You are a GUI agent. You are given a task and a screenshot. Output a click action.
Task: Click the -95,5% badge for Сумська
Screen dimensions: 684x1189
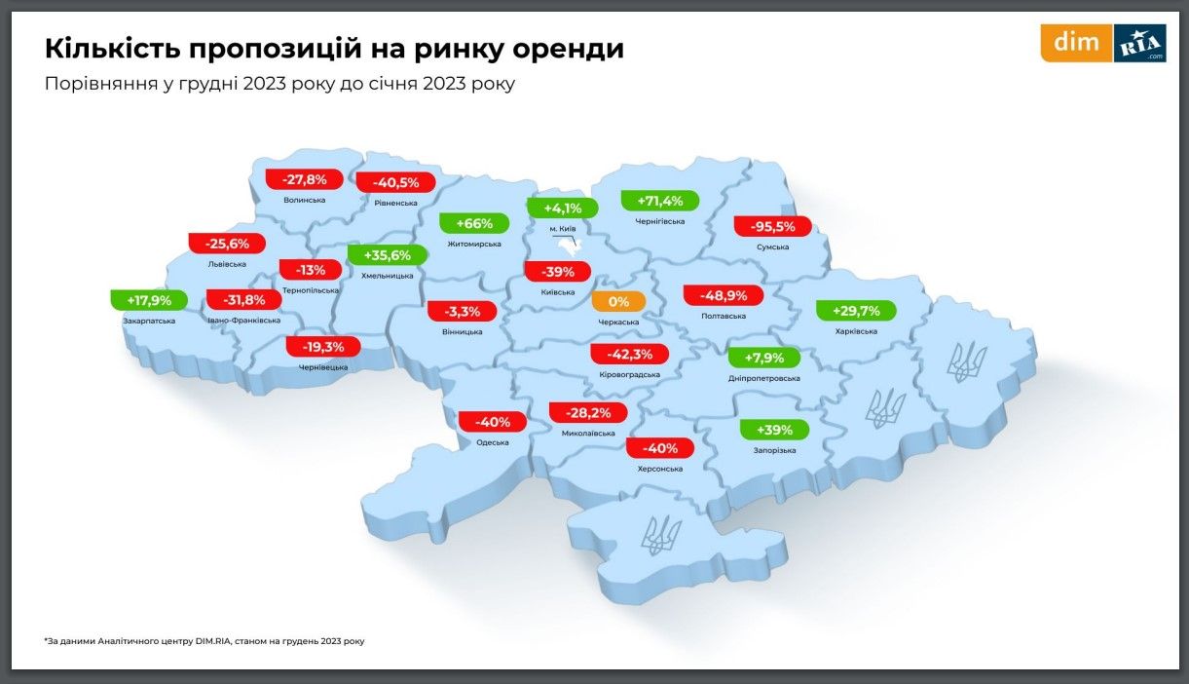773,227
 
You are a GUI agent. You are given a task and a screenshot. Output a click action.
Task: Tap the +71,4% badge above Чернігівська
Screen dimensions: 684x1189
660,202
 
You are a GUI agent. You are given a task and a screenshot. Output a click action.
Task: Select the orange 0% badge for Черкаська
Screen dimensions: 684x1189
617,302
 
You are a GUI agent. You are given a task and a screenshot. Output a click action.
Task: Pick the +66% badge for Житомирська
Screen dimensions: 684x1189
474,223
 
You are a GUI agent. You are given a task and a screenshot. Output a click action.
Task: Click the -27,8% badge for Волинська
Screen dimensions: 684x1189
304,180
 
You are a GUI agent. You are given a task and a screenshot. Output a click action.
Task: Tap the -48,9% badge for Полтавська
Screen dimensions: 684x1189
723,295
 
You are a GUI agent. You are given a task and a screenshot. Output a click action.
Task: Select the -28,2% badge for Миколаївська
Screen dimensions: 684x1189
589,413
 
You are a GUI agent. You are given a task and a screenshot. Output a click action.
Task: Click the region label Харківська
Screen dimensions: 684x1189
856,331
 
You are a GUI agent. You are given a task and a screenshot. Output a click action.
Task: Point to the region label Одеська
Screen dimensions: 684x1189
493,442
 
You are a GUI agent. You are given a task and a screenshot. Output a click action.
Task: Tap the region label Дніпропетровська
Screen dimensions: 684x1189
764,378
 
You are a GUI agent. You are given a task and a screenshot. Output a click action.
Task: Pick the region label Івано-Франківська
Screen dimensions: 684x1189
244,320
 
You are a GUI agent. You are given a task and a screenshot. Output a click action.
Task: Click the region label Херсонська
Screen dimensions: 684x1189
660,469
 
